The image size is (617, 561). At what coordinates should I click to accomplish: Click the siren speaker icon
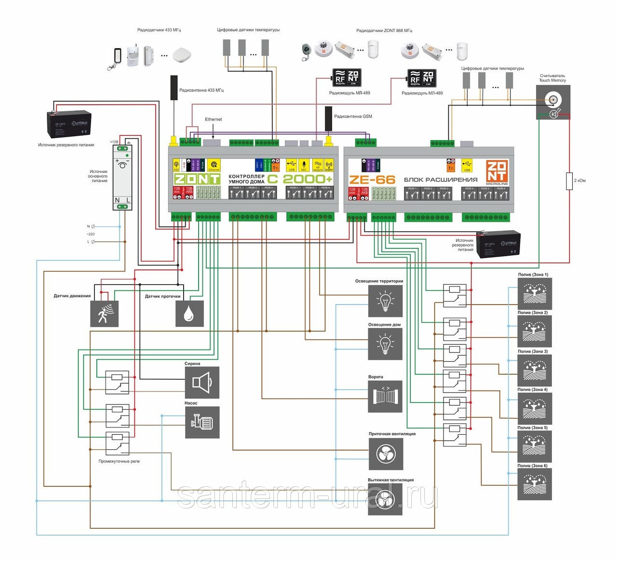point(202,382)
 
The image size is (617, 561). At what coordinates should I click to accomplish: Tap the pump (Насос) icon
point(202,422)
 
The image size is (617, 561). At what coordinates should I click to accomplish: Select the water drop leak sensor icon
point(189,313)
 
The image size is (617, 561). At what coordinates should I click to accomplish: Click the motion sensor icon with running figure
point(104,313)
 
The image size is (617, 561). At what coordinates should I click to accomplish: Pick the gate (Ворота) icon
point(385,396)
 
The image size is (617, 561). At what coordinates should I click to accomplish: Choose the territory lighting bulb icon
point(385,301)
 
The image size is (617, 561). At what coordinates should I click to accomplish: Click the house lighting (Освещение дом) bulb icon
point(385,344)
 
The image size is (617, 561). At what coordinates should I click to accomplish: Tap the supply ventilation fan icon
point(385,454)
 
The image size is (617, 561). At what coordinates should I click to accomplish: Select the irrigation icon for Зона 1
point(535,293)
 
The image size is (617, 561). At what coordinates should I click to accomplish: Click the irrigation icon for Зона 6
point(535,484)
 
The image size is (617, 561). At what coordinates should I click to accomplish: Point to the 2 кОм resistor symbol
point(569,181)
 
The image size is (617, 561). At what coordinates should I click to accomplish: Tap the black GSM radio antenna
point(329,118)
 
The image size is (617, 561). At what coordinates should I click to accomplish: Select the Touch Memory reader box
point(553,103)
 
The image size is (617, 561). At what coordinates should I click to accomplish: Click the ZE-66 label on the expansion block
point(372,180)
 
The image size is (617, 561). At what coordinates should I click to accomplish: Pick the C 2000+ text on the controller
point(300,179)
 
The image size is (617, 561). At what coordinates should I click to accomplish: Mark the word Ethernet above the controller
point(214,119)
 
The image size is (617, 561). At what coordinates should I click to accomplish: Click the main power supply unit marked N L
point(122,177)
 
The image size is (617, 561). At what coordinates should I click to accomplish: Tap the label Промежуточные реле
point(119,461)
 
